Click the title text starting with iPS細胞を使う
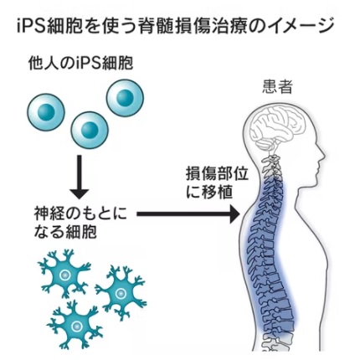click(175, 27)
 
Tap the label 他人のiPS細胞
click(81, 64)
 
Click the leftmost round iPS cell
click(46, 112)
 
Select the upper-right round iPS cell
click(125, 98)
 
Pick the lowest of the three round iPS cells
click(90, 130)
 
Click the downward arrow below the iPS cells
click(80, 177)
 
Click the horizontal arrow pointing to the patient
click(188, 214)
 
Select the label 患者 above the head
click(277, 87)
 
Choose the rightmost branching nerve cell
click(121, 293)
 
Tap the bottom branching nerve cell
click(75, 325)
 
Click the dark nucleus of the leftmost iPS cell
click(46, 112)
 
